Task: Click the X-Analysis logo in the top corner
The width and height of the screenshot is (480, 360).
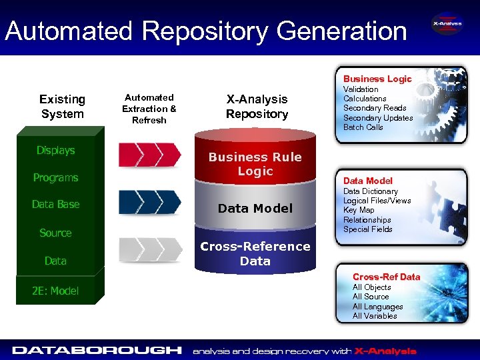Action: click(447, 26)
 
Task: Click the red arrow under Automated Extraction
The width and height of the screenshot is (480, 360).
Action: click(149, 155)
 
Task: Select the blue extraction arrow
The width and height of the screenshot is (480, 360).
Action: click(149, 202)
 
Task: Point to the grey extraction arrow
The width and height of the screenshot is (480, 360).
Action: click(149, 249)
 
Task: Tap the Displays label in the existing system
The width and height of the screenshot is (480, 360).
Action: click(55, 151)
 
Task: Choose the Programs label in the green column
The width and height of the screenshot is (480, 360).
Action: click(55, 178)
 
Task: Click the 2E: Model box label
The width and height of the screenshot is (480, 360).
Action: click(55, 290)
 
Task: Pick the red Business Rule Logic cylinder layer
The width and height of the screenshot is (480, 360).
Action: click(255, 164)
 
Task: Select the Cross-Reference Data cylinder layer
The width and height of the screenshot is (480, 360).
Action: click(255, 253)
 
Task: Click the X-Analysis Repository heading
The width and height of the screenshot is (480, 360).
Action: click(257, 107)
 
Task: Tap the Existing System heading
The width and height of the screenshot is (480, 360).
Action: click(62, 107)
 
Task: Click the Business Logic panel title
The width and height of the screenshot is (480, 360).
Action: click(377, 79)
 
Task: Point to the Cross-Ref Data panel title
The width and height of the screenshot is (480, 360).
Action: click(386, 277)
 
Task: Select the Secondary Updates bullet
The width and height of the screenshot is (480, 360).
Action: click(378, 118)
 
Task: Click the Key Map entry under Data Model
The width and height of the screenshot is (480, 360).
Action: click(359, 210)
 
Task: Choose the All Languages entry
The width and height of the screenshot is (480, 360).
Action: click(377, 307)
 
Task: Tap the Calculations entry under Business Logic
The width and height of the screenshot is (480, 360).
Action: click(365, 99)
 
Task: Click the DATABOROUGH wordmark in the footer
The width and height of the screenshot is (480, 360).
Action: click(97, 350)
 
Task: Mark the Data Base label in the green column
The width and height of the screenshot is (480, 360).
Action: click(55, 205)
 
